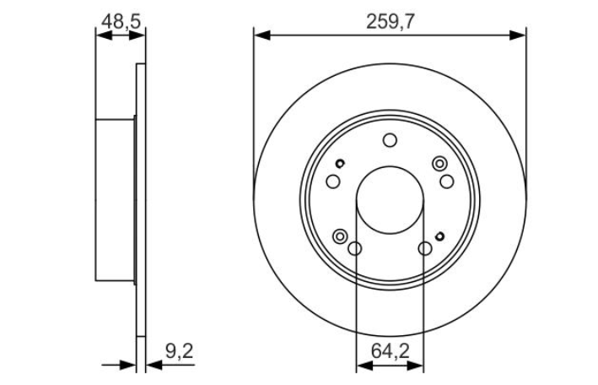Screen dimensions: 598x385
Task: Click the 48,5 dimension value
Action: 121,22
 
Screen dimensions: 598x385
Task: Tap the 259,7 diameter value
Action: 390,22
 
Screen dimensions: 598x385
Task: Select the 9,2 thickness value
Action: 180,351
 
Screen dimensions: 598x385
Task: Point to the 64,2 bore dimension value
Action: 391,351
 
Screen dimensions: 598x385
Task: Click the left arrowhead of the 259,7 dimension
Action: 262,35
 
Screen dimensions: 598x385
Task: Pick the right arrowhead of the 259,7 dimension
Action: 518,35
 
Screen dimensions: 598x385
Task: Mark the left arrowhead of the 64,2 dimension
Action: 364,366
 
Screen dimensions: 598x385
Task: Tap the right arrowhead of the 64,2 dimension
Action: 415,366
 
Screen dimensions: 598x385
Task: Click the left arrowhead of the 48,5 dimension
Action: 104,35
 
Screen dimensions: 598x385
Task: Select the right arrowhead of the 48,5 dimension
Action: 137,35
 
